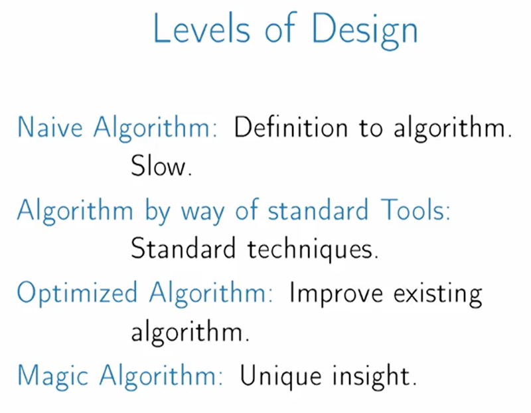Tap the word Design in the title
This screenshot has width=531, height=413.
click(364, 31)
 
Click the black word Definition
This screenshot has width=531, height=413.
click(291, 127)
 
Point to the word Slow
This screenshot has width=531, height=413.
click(161, 166)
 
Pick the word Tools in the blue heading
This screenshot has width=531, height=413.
click(416, 209)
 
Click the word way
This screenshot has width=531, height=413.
click(202, 212)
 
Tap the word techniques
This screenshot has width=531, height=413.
click(313, 250)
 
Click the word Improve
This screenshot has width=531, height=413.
click(336, 293)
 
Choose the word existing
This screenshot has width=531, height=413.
click(437, 293)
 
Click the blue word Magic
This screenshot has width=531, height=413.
click(52, 376)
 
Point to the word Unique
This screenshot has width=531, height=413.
click(281, 376)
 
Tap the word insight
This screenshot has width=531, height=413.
click(374, 376)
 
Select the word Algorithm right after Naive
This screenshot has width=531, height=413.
click(155, 127)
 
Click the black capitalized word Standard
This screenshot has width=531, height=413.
click(183, 248)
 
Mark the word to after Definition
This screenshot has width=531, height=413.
click(371, 128)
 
